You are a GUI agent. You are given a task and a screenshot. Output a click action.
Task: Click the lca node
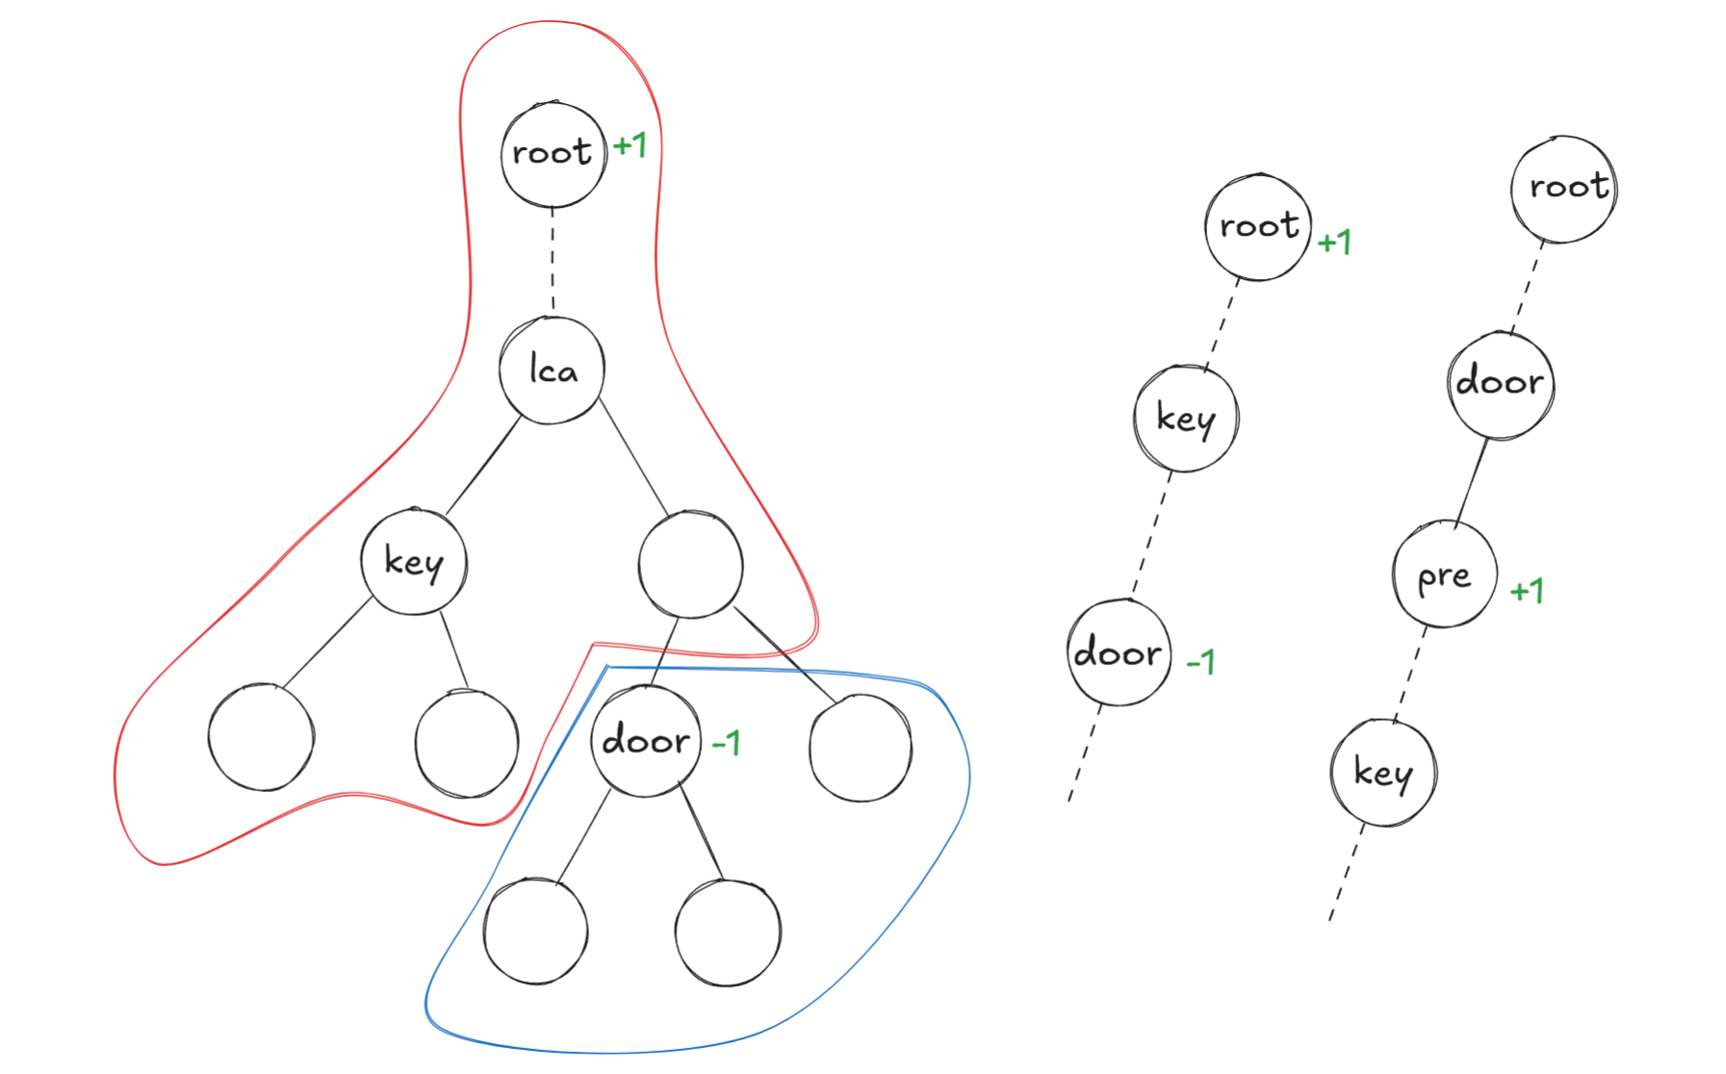(552, 371)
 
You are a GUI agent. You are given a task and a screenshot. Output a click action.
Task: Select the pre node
(1445, 575)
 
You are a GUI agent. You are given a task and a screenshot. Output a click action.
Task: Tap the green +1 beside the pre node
(1527, 590)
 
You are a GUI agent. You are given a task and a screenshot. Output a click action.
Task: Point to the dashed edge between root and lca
(553, 261)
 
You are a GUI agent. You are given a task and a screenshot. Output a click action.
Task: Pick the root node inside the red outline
(554, 154)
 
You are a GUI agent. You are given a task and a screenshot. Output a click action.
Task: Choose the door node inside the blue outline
(645, 742)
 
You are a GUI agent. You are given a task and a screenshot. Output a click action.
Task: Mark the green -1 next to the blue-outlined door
(726, 743)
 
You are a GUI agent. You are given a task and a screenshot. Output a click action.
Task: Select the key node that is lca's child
(414, 561)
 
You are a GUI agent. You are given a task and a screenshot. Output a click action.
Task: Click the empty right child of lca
(690, 564)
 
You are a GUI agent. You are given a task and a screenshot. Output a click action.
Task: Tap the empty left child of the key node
(261, 737)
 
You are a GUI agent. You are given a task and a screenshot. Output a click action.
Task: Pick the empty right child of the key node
(467, 744)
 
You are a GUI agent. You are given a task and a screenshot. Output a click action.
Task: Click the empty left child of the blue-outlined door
(535, 932)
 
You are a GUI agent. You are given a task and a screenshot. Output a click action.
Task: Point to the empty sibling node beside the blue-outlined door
(861, 749)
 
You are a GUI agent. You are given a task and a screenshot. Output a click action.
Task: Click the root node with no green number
(1564, 188)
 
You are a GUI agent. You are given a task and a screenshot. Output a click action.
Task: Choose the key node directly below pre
(1383, 773)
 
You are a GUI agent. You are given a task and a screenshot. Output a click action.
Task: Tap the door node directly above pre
(1501, 384)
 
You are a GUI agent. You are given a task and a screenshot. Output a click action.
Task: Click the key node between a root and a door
(1186, 419)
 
